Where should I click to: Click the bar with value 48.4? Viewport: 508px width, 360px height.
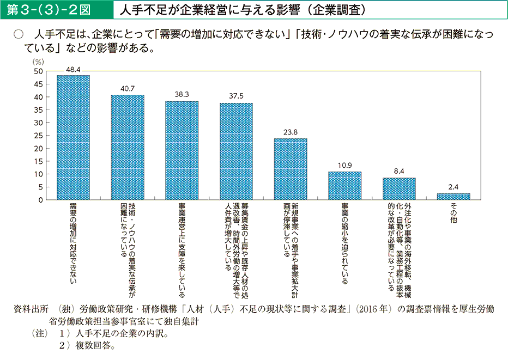[x=73, y=138]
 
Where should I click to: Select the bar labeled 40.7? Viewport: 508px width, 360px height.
[x=128, y=148]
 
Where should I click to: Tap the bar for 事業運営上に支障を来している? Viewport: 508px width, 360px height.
[x=182, y=151]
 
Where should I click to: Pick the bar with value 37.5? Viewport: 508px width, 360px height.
[x=236, y=152]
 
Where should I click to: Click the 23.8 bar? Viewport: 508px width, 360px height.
[x=291, y=169]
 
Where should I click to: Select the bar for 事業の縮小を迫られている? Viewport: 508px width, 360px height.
[x=344, y=186]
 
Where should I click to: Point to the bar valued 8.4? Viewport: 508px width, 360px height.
[x=399, y=189]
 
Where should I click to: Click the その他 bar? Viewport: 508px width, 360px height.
[x=453, y=197]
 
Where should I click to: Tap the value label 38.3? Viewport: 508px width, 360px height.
[x=182, y=95]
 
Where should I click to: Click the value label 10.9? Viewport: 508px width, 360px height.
[x=344, y=165]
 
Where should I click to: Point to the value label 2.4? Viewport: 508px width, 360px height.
[x=453, y=187]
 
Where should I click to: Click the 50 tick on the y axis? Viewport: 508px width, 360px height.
[x=38, y=71]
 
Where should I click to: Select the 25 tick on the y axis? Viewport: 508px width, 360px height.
[x=38, y=136]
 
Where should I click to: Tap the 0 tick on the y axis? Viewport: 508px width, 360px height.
[x=40, y=200]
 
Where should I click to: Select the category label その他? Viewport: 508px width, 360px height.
[x=453, y=213]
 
